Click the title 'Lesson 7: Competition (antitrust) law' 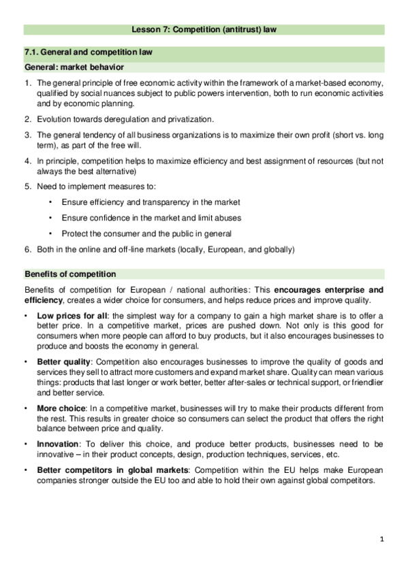[204, 30]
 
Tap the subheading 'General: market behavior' [74, 67]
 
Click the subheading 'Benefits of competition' [70, 274]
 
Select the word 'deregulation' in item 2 [129, 119]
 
